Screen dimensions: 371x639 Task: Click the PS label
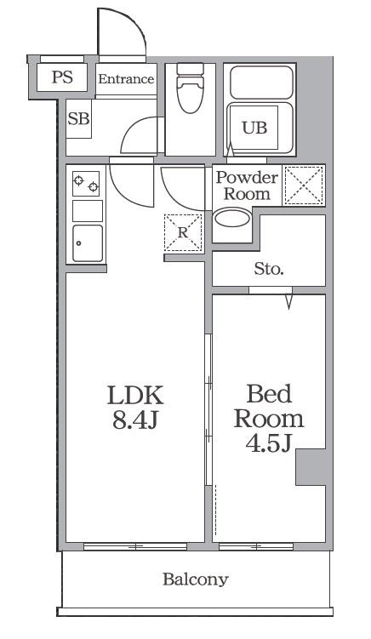(x=62, y=77)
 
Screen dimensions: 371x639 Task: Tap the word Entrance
(x=127, y=78)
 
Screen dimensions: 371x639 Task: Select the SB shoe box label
(x=78, y=118)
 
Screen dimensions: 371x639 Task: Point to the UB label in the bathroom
(x=254, y=128)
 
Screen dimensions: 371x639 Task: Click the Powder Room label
(x=247, y=185)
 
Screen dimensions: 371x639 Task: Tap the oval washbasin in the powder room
(x=232, y=218)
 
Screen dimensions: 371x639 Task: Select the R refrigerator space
(x=183, y=232)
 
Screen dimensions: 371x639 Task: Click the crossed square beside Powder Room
(x=304, y=185)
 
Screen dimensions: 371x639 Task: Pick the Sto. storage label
(x=269, y=269)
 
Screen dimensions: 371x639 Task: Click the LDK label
(x=135, y=395)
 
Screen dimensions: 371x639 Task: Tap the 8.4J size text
(x=135, y=419)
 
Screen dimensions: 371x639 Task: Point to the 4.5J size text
(x=269, y=443)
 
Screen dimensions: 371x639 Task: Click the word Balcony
(x=195, y=579)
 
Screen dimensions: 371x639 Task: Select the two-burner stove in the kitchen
(x=86, y=184)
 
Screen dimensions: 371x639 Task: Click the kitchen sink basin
(x=88, y=243)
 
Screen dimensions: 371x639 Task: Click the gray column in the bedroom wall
(x=311, y=467)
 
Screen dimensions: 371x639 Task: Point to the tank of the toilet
(x=190, y=69)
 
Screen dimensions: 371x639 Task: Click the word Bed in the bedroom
(x=269, y=394)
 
